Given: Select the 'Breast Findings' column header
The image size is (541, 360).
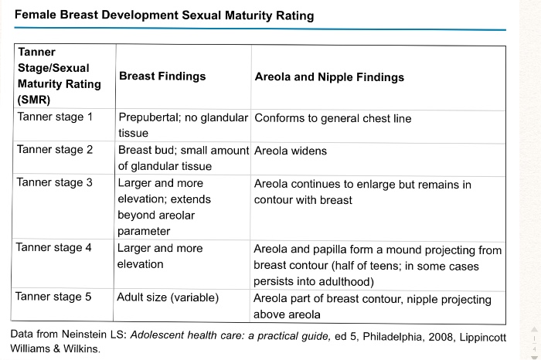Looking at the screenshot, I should click(162, 76).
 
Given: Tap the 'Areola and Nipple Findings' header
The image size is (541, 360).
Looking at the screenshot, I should click(328, 76).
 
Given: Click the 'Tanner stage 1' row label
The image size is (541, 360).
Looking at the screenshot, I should click(54, 117).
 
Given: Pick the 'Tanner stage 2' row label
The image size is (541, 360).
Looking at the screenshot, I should click(54, 150).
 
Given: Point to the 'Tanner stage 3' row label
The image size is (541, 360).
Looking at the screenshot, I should click(54, 183).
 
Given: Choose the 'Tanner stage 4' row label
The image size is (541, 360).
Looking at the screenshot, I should click(54, 248).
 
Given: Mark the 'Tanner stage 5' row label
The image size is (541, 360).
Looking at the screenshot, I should click(54, 297).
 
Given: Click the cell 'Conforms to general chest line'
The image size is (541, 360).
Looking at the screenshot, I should click(332, 118).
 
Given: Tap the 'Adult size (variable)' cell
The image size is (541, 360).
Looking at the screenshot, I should click(168, 297).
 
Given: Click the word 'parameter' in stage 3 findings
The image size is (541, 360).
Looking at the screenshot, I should click(144, 232).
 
